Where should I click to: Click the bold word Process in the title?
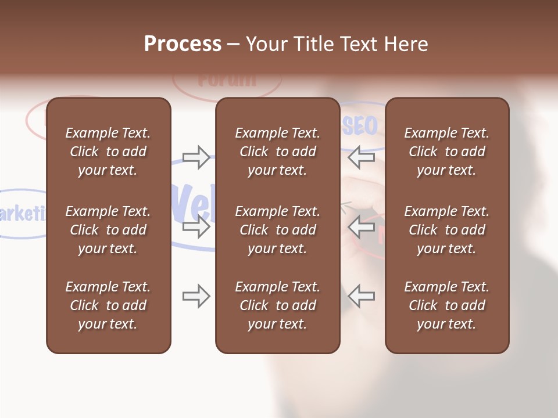(x=183, y=44)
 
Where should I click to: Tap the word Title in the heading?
(x=312, y=44)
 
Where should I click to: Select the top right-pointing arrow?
(x=196, y=157)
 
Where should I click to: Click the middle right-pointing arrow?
(x=196, y=226)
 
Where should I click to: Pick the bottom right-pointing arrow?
(x=196, y=296)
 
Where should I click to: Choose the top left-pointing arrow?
(x=362, y=157)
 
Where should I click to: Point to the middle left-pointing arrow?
(x=362, y=226)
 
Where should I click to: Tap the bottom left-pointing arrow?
(x=362, y=296)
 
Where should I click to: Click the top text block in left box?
(x=108, y=152)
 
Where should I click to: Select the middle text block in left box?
(x=108, y=230)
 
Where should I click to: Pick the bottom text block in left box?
(x=108, y=305)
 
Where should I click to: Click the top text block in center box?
(x=277, y=152)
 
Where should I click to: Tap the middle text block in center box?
(x=277, y=230)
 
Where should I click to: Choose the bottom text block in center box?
(x=277, y=305)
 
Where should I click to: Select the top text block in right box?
(x=446, y=152)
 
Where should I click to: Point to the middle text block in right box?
(x=446, y=230)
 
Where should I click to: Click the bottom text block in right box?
(x=446, y=305)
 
